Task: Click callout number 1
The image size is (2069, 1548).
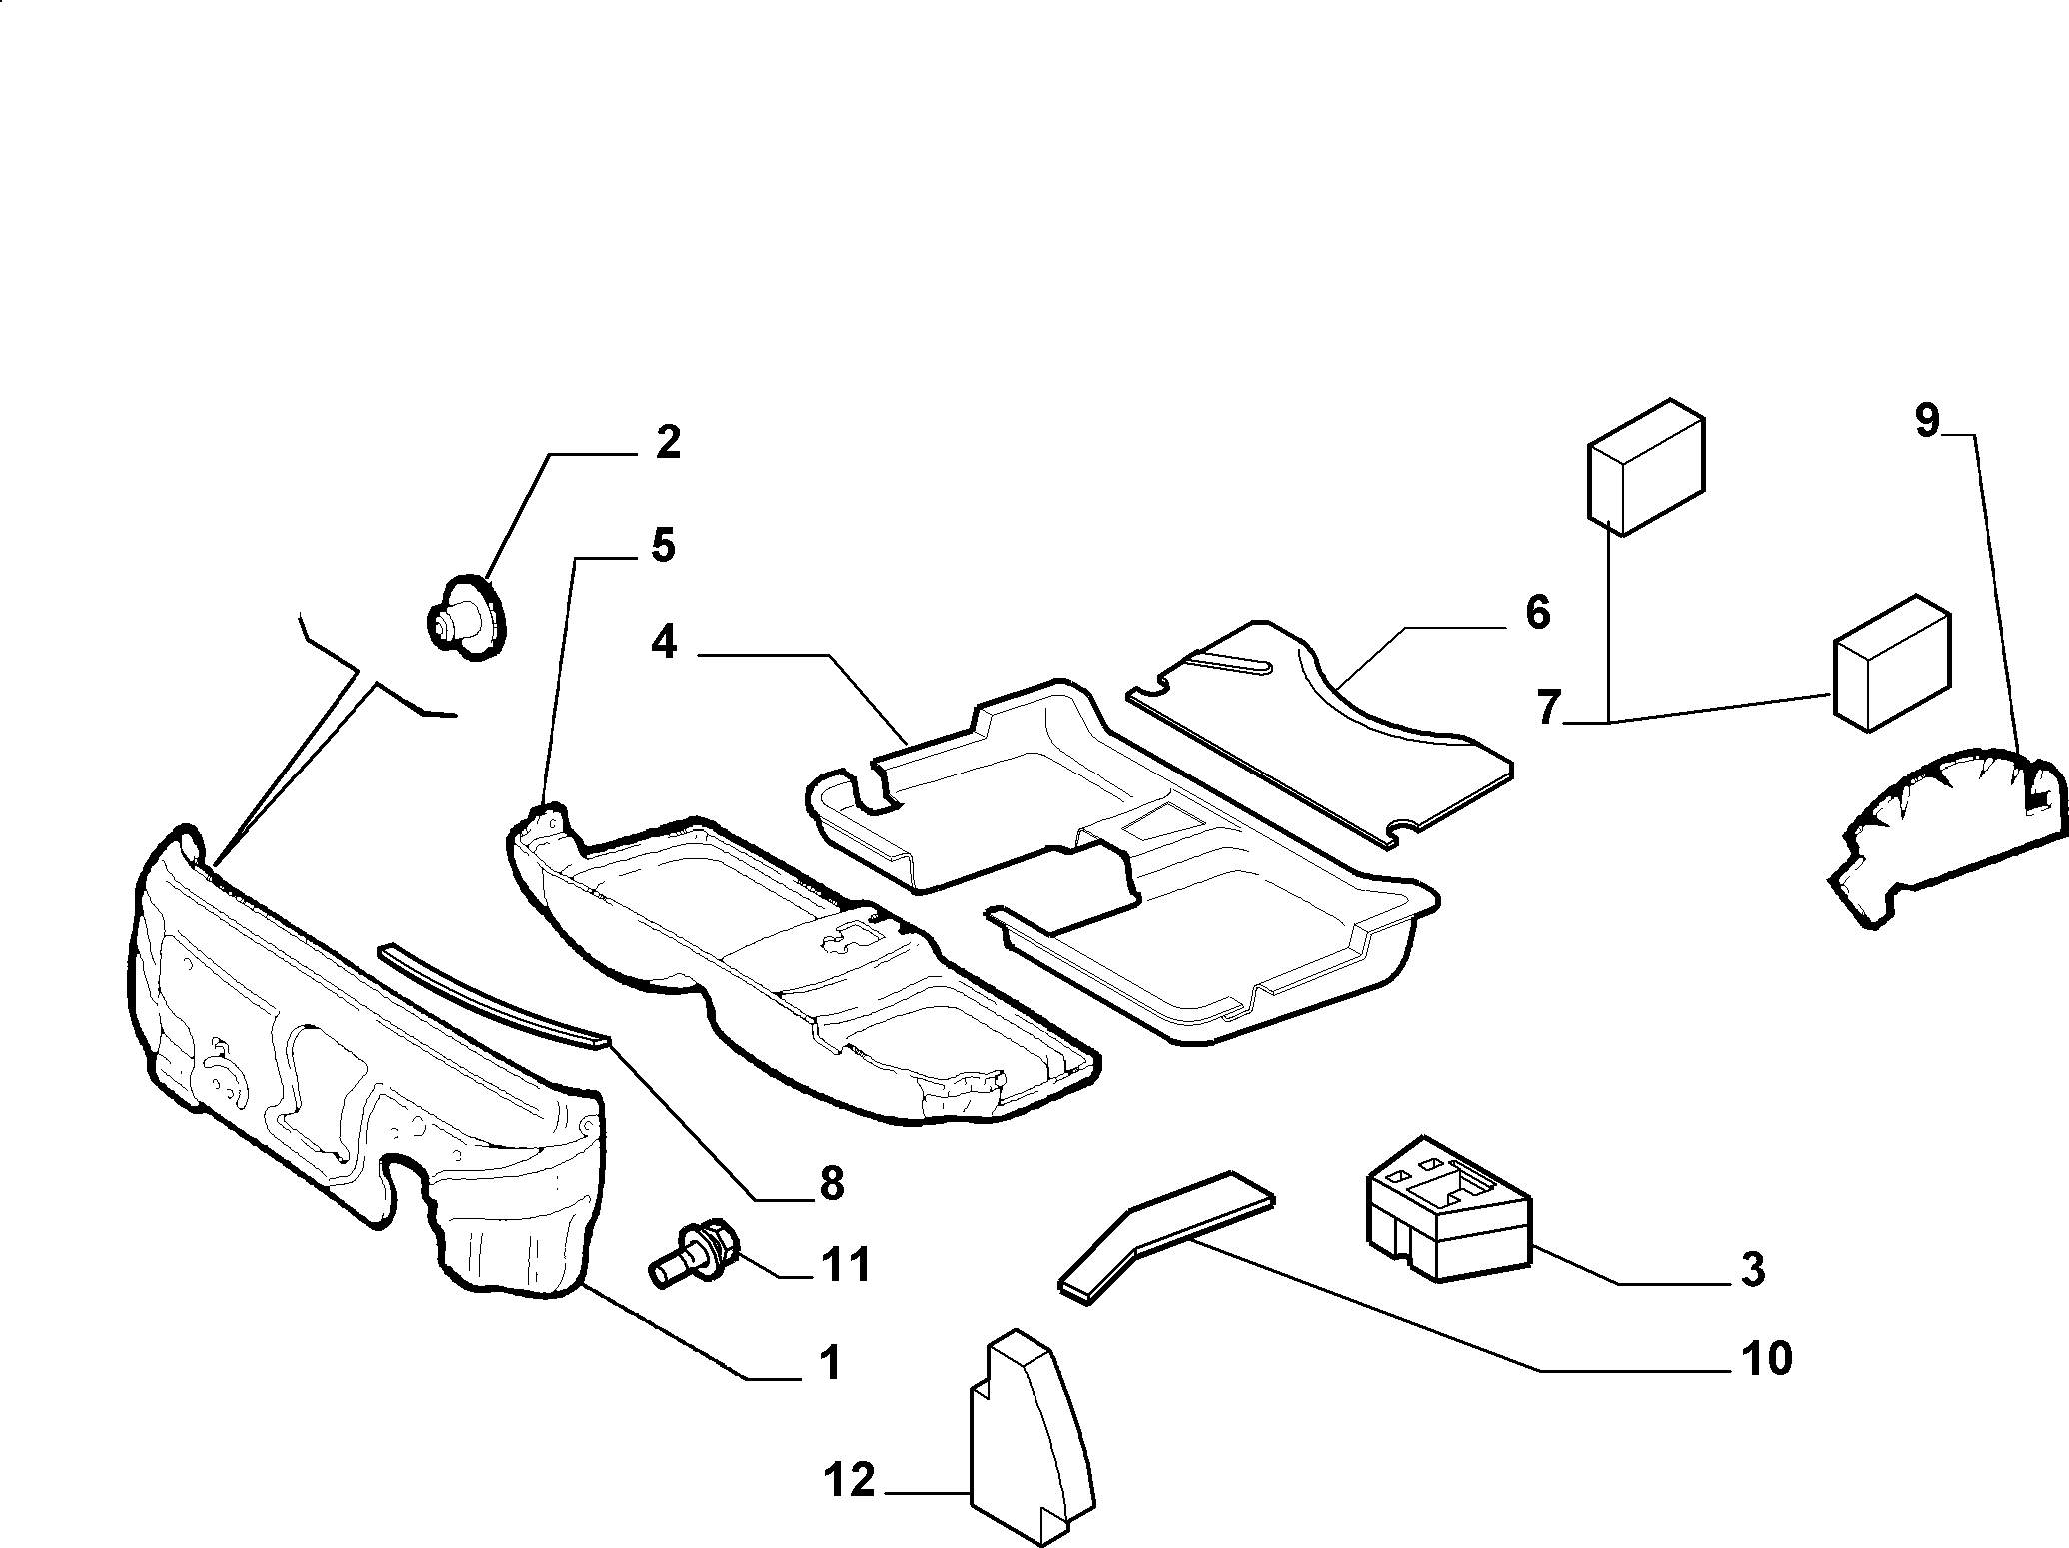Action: [829, 1362]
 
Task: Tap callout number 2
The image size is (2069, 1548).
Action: [667, 443]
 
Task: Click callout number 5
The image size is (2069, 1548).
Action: [663, 546]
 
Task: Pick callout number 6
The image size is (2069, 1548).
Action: [1537, 613]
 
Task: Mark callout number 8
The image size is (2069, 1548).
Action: [831, 1183]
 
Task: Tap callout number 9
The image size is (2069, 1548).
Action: [1927, 420]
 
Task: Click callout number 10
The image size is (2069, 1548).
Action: [1765, 1358]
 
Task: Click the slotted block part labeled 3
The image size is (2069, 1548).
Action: [1447, 1206]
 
